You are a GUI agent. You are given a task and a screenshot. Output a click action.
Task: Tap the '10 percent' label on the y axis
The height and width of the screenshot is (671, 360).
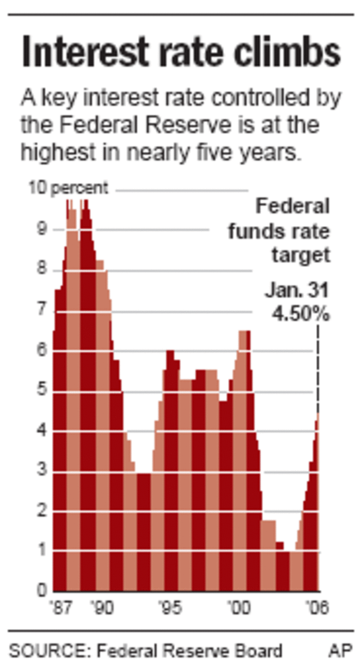tap(68, 188)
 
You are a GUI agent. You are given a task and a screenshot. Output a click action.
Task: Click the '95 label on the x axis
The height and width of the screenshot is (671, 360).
tap(171, 608)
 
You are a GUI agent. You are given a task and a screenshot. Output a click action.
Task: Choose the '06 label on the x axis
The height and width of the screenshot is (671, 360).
tap(317, 608)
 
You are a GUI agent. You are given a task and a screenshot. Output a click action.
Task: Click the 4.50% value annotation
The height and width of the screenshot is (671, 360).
tap(300, 314)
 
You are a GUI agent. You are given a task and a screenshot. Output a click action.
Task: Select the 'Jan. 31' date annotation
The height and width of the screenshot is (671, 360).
tap(297, 290)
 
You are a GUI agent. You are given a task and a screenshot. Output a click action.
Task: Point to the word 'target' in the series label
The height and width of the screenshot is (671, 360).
tap(300, 256)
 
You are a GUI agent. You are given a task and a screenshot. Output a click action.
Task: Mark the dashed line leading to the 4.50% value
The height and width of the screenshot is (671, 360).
tap(317, 369)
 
